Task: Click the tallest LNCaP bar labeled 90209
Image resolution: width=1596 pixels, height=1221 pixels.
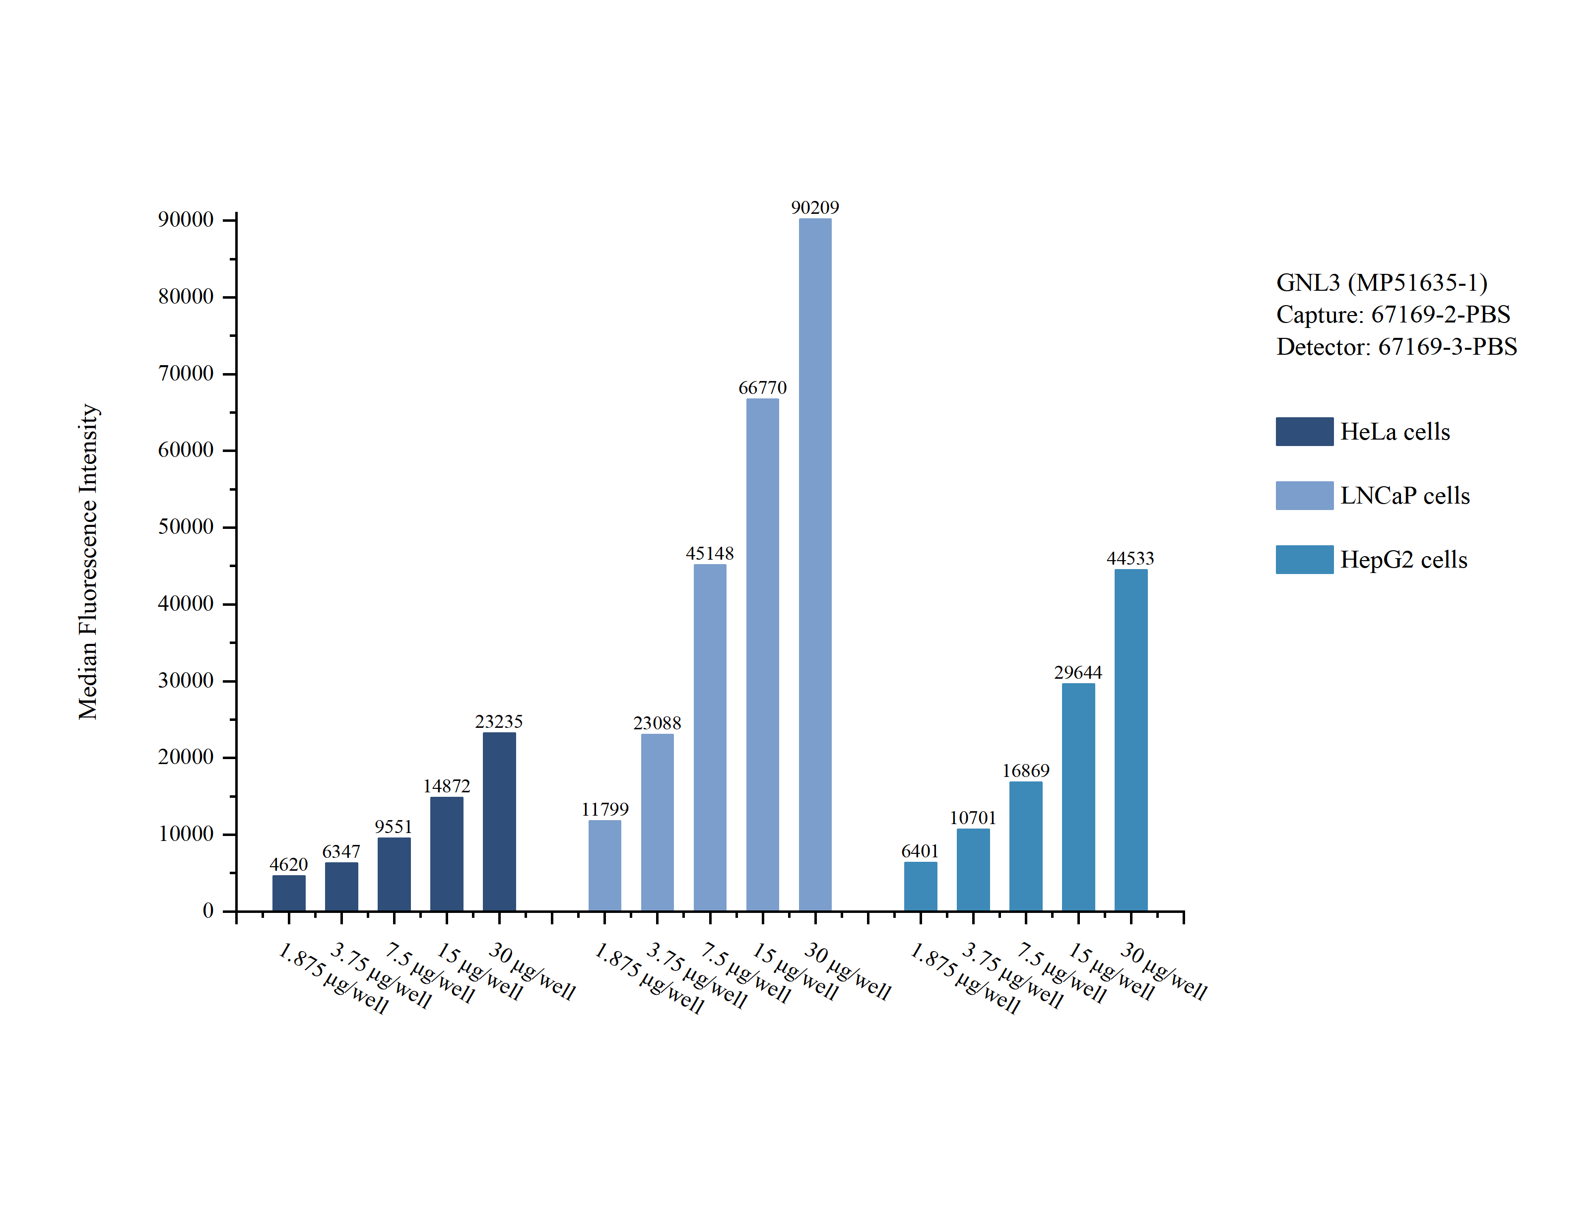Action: coord(815,564)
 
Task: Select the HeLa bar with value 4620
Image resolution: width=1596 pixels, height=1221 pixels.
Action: coord(288,893)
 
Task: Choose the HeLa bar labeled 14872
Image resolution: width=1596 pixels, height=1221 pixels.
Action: coord(446,853)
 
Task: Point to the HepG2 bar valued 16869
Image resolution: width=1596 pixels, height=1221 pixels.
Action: coord(1025,846)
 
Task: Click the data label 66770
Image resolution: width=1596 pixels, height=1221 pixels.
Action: coord(762,388)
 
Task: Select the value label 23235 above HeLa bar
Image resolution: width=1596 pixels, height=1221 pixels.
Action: coord(499,722)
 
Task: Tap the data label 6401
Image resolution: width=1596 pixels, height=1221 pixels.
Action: coord(920,851)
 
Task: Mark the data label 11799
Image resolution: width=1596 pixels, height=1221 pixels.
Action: coord(604,809)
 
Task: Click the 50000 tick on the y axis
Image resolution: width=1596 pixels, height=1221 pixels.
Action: coord(186,527)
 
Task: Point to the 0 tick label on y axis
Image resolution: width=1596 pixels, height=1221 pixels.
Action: coord(208,910)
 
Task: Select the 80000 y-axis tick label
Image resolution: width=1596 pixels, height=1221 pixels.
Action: coord(186,297)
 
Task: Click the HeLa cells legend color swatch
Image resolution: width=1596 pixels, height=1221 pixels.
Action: coord(1304,432)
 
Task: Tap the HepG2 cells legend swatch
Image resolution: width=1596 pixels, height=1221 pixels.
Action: coord(1304,560)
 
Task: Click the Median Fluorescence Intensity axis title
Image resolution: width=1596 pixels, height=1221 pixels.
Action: coord(88,562)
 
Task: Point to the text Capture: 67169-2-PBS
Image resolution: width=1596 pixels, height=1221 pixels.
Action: coord(1393,315)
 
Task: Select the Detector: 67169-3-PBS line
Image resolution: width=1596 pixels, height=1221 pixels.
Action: coord(1396,347)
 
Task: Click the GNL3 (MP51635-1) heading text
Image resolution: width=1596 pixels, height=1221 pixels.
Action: coord(1382,283)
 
